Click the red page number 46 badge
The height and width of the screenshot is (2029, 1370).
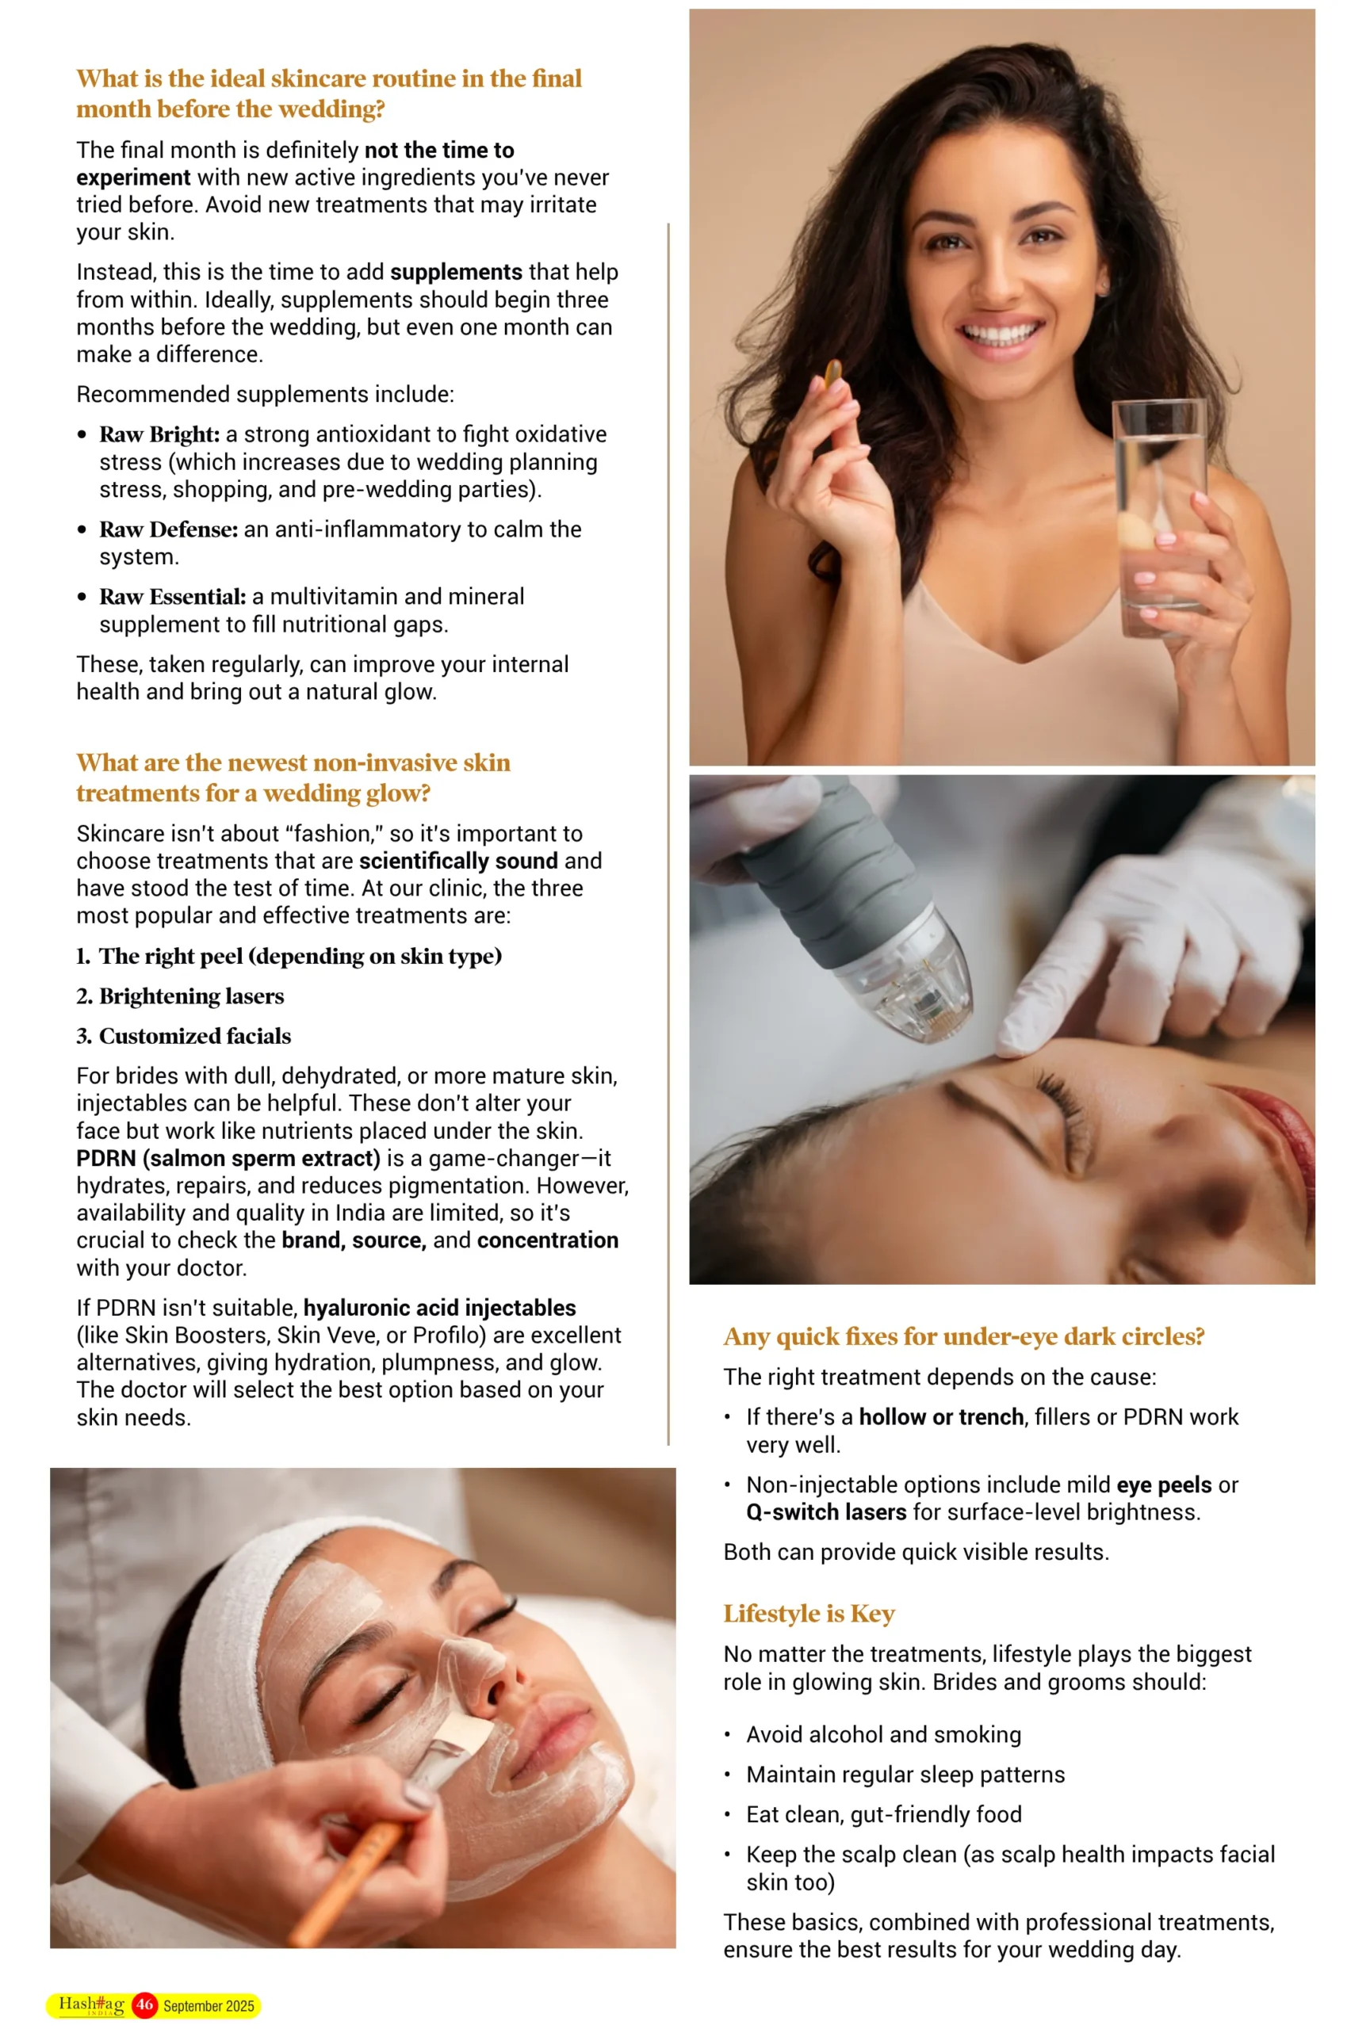click(145, 2005)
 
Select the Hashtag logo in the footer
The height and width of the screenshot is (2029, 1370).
click(92, 2004)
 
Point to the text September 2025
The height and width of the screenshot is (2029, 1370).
click(209, 2006)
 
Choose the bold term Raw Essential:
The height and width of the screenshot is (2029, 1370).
click(173, 597)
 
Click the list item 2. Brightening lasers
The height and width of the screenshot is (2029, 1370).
click(180, 996)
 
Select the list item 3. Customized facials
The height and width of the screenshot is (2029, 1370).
click(183, 1037)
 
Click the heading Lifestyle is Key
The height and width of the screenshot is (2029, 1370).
click(809, 1614)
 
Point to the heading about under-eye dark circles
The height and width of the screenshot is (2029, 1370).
click(964, 1336)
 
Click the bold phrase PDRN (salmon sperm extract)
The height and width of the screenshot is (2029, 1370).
click(228, 1159)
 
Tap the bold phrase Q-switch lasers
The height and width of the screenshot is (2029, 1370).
click(826, 1512)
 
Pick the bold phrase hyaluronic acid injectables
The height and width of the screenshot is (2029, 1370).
click(439, 1308)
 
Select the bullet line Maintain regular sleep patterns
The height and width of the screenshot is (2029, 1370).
click(905, 1775)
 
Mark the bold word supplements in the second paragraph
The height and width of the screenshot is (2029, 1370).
click(456, 273)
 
